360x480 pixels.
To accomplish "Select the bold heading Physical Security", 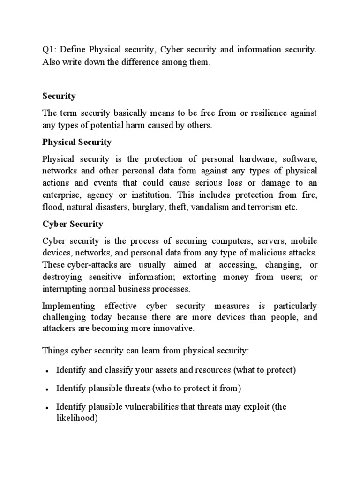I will tap(77, 142).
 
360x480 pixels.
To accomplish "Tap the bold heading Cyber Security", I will tap(73, 224).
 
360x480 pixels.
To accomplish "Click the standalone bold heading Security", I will tap(59, 96).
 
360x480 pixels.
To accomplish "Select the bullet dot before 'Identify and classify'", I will tap(47, 371).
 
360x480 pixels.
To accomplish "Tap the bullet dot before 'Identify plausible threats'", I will tap(47, 390).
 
